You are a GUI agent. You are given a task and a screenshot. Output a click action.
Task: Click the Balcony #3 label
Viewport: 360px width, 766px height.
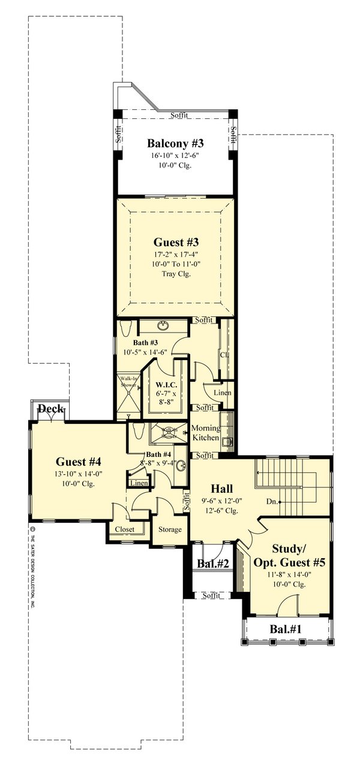pyautogui.click(x=176, y=143)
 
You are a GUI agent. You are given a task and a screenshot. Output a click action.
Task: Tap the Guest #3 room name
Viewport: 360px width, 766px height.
pyautogui.click(x=176, y=243)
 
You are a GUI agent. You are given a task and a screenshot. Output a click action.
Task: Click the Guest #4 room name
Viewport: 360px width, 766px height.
pyautogui.click(x=79, y=462)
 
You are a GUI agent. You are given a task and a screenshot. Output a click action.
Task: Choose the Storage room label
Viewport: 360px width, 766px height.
pyautogui.click(x=169, y=530)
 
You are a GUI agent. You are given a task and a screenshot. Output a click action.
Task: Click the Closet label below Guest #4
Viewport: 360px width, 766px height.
pyautogui.click(x=124, y=529)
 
